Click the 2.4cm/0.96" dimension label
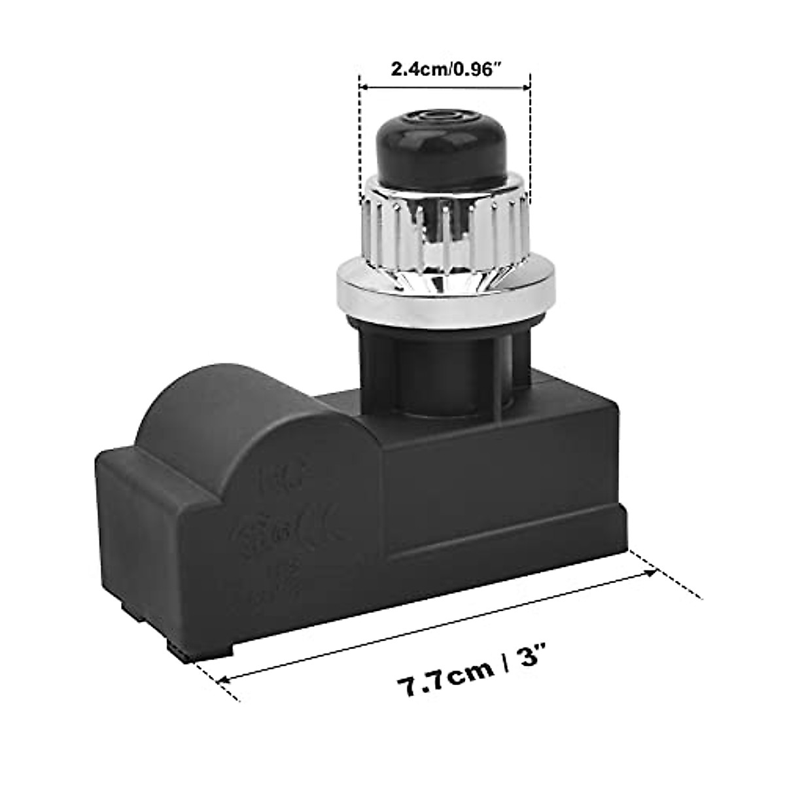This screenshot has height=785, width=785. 445,69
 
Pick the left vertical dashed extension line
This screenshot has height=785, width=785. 360,144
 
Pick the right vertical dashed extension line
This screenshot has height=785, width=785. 530,144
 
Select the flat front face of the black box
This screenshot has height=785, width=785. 504,497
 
